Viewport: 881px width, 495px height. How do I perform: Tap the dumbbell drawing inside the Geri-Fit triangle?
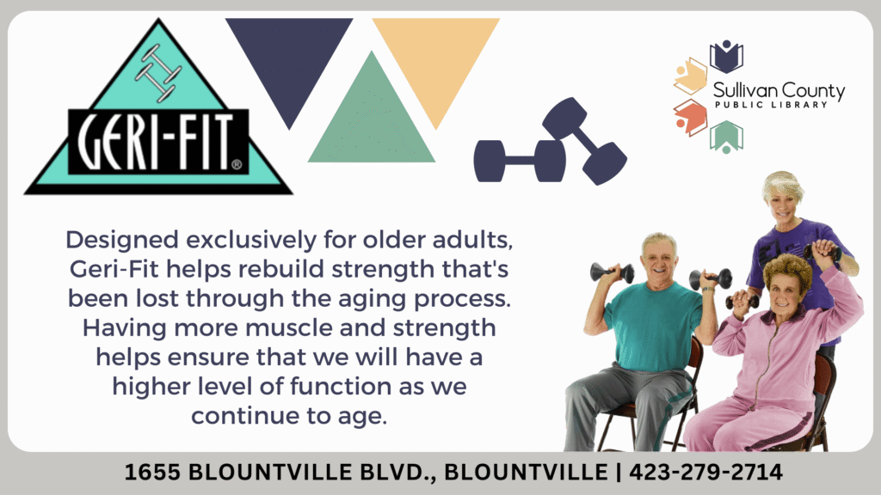[158, 74]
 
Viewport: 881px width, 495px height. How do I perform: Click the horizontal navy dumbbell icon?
[520, 161]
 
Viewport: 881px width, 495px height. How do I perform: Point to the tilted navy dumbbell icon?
[584, 140]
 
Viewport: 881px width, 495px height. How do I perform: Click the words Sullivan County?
[779, 90]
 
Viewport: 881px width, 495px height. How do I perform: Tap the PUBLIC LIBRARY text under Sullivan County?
[771, 105]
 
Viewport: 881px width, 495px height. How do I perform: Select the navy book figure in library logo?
[726, 56]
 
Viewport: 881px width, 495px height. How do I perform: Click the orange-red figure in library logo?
[691, 117]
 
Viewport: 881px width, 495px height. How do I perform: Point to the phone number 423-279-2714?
[705, 472]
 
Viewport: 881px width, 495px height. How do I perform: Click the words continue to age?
[289, 416]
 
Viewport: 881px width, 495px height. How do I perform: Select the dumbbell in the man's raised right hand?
[612, 272]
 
